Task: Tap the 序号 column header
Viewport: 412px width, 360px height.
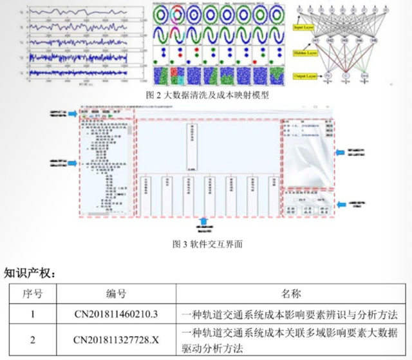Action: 32,294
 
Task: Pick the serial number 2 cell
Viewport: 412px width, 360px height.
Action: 32,340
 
